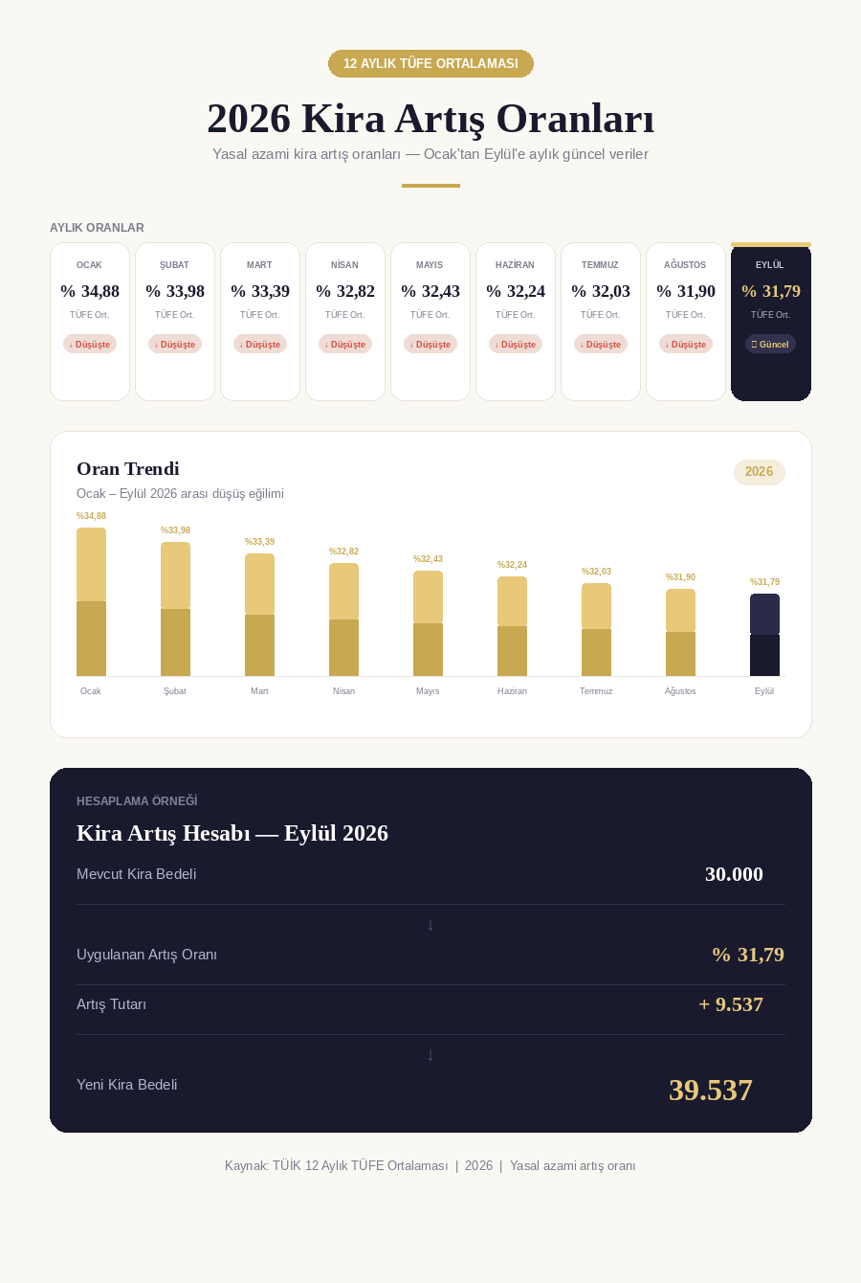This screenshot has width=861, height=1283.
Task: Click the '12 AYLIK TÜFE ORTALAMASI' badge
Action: [x=430, y=63]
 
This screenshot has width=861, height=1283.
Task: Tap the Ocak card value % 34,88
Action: [x=90, y=291]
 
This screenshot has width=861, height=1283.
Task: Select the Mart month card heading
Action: [x=259, y=264]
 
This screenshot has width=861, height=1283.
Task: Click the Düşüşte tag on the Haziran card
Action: [x=516, y=345]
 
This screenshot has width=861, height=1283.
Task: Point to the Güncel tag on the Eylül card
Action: [x=770, y=345]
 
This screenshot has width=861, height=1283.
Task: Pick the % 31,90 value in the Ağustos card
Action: [x=686, y=291]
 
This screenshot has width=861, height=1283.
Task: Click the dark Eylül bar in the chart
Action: [x=764, y=635]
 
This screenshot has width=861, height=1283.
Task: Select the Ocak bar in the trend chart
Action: [x=91, y=602]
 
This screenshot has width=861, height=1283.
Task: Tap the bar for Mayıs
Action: [x=429, y=623]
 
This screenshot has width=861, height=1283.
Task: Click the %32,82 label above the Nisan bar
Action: [x=343, y=551]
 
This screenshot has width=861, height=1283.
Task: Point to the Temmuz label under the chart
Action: [x=596, y=691]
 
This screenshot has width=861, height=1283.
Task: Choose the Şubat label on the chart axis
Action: [x=175, y=691]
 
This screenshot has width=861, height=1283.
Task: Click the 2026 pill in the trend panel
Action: [x=759, y=472]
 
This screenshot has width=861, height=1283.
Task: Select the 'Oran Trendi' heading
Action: [x=127, y=468]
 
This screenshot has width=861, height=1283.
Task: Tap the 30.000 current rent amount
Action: [x=734, y=874]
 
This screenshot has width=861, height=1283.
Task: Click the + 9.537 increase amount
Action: [x=731, y=1004]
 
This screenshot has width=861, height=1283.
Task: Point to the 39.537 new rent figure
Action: [x=711, y=1090]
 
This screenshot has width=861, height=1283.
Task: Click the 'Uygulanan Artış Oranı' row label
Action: [x=146, y=955]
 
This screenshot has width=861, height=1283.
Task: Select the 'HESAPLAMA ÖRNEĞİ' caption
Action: [x=137, y=800]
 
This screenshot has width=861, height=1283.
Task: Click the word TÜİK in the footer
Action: [x=287, y=1165]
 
